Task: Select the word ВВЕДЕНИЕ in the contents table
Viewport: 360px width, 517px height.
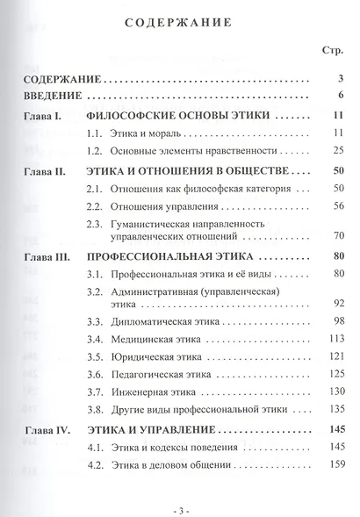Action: pos(54,95)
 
